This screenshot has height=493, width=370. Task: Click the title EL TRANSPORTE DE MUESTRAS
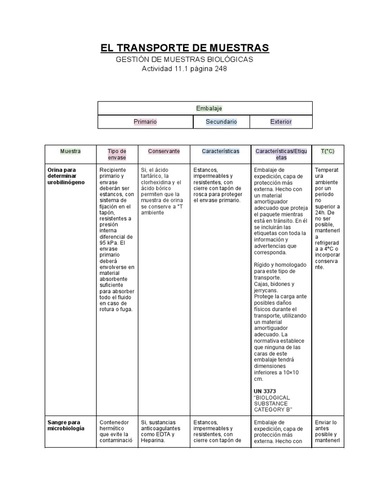(x=185, y=48)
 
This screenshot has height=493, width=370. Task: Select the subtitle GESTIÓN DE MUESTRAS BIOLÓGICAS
(x=185, y=59)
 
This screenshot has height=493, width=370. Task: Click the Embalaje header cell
(x=205, y=108)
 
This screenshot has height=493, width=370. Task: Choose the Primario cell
(x=145, y=122)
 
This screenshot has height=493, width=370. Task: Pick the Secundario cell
(x=221, y=122)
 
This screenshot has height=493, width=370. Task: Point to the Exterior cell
(x=281, y=122)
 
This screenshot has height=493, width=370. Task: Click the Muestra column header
(x=70, y=151)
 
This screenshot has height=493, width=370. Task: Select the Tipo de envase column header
(x=117, y=154)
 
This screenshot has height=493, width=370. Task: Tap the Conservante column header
(x=164, y=151)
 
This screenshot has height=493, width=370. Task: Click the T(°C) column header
(x=328, y=151)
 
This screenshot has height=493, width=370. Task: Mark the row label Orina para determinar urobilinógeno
(x=66, y=176)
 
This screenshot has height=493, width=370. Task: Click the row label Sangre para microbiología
(x=66, y=425)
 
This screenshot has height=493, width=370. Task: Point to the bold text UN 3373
(x=264, y=390)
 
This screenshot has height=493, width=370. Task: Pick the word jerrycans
(x=266, y=290)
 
